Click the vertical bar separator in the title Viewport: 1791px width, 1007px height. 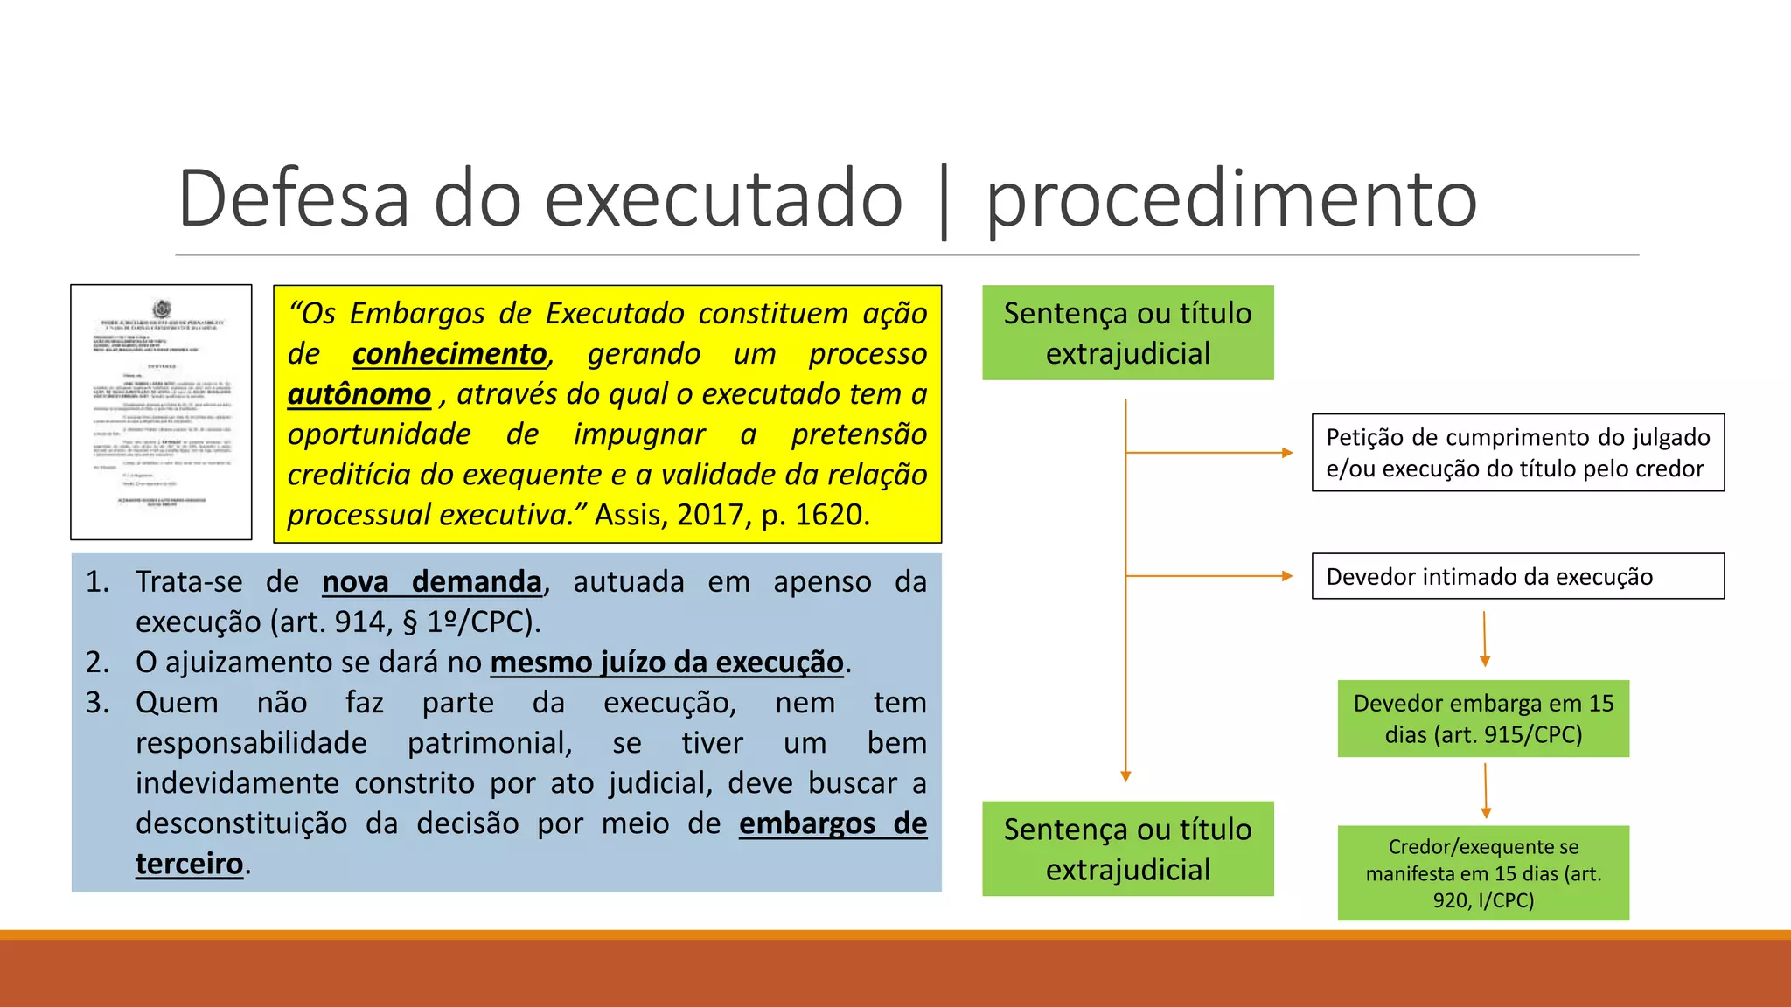coord(944,201)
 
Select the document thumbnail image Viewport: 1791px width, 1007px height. coord(161,412)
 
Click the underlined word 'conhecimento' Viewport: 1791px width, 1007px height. coord(449,354)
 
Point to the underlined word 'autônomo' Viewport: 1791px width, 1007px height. coord(359,394)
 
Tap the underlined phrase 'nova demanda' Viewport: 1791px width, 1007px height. coord(432,582)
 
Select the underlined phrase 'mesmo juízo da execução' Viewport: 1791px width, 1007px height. coord(666,663)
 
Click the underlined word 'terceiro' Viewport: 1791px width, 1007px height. coord(189,864)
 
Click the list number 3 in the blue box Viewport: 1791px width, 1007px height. coord(97,703)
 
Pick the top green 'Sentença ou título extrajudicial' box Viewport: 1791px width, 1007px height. coord(1127,333)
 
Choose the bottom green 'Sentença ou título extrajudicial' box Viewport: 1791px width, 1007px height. coord(1127,849)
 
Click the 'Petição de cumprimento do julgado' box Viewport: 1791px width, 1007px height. coord(1517,453)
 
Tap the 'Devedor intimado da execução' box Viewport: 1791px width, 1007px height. coord(1517,576)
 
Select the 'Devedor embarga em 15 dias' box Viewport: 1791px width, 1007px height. coord(1483,719)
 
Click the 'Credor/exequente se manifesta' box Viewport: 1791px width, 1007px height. coord(1483,872)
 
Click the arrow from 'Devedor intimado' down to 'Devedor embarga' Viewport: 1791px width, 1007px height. coord(1484,639)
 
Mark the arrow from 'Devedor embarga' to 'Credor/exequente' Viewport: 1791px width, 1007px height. coord(1485,790)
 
